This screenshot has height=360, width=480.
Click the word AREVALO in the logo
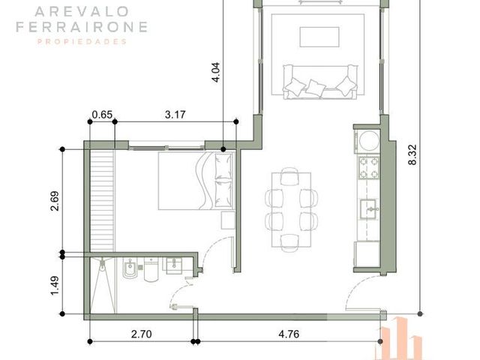tap(82, 12)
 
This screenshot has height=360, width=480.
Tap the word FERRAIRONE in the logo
tap(82, 27)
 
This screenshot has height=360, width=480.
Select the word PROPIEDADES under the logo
tap(82, 42)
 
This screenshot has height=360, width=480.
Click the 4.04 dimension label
tap(215, 73)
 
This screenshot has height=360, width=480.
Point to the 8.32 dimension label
tap(412, 155)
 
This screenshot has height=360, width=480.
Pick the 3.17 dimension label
tap(175, 115)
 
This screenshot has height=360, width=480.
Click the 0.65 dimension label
tap(102, 115)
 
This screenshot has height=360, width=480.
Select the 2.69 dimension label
tap(55, 201)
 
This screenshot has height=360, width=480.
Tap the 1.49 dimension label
tap(55, 286)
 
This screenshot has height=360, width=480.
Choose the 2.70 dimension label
tap(142, 334)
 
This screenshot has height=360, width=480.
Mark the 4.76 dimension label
tap(289, 334)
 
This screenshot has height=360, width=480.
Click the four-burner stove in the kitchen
tap(369, 167)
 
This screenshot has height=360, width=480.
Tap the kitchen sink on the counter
tap(368, 208)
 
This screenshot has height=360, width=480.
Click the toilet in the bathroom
tap(151, 270)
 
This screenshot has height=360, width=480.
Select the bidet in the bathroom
tap(130, 268)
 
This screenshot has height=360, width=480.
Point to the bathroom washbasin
tap(174, 265)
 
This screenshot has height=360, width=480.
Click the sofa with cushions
tap(320, 82)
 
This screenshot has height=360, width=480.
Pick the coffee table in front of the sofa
tap(319, 37)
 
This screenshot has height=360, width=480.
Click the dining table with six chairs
tap(292, 210)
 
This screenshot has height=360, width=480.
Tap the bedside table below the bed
tap(228, 220)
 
